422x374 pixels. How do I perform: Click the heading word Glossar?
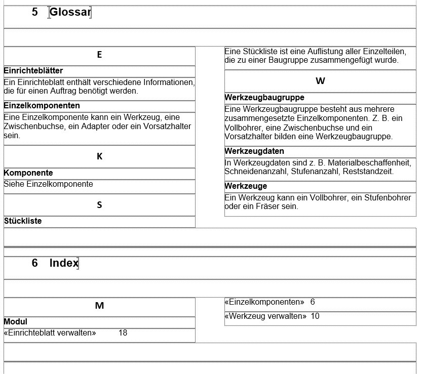pos(70,12)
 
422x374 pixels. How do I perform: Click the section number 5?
pos(34,12)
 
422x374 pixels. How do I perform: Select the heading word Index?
pos(64,263)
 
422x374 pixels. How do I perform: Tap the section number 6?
pos(34,263)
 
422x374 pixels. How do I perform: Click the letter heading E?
pos(99,55)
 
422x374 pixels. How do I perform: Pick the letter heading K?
pos(99,156)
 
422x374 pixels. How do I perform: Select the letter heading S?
pos(99,205)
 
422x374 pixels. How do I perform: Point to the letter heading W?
pos(320,81)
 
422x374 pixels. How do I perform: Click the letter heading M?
pos(99,306)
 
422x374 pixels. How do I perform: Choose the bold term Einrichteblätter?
pos(33,71)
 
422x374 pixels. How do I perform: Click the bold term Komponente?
pos(28,173)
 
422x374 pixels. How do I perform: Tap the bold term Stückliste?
pos(23,221)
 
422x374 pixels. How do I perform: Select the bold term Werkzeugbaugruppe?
pos(264,97)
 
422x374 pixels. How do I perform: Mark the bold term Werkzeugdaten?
pos(254,151)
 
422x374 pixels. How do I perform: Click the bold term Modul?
pos(16,322)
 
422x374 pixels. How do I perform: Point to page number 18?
pos(123,333)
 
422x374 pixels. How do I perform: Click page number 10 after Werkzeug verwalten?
pos(315,316)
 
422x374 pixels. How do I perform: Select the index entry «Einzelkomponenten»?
pos(264,302)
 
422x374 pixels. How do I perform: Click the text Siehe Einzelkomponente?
pos(48,184)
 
